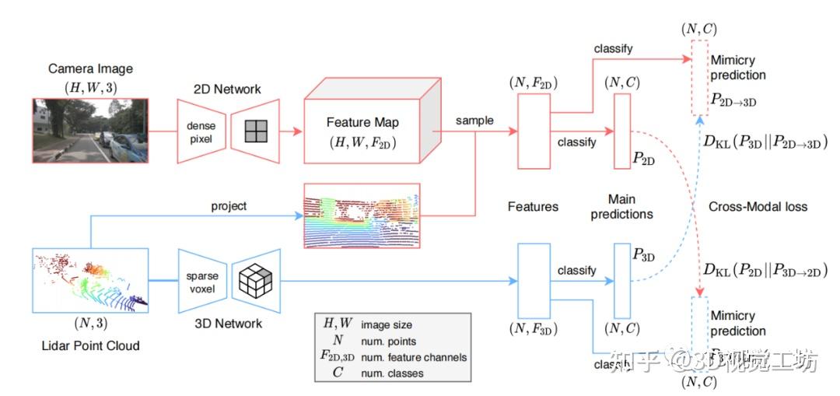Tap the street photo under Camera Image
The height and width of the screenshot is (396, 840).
click(x=90, y=131)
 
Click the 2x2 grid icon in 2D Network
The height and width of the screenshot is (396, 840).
click(x=256, y=131)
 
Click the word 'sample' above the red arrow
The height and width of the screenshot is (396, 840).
click(x=474, y=121)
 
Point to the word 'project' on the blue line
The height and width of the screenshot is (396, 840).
click(x=229, y=206)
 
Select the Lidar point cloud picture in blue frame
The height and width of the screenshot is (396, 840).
click(x=91, y=281)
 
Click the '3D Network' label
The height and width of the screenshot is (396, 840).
click(x=229, y=323)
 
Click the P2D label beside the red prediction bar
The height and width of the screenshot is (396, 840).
click(x=642, y=159)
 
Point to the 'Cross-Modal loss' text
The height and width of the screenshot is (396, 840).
click(x=758, y=206)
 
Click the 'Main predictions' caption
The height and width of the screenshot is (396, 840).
click(x=622, y=206)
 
